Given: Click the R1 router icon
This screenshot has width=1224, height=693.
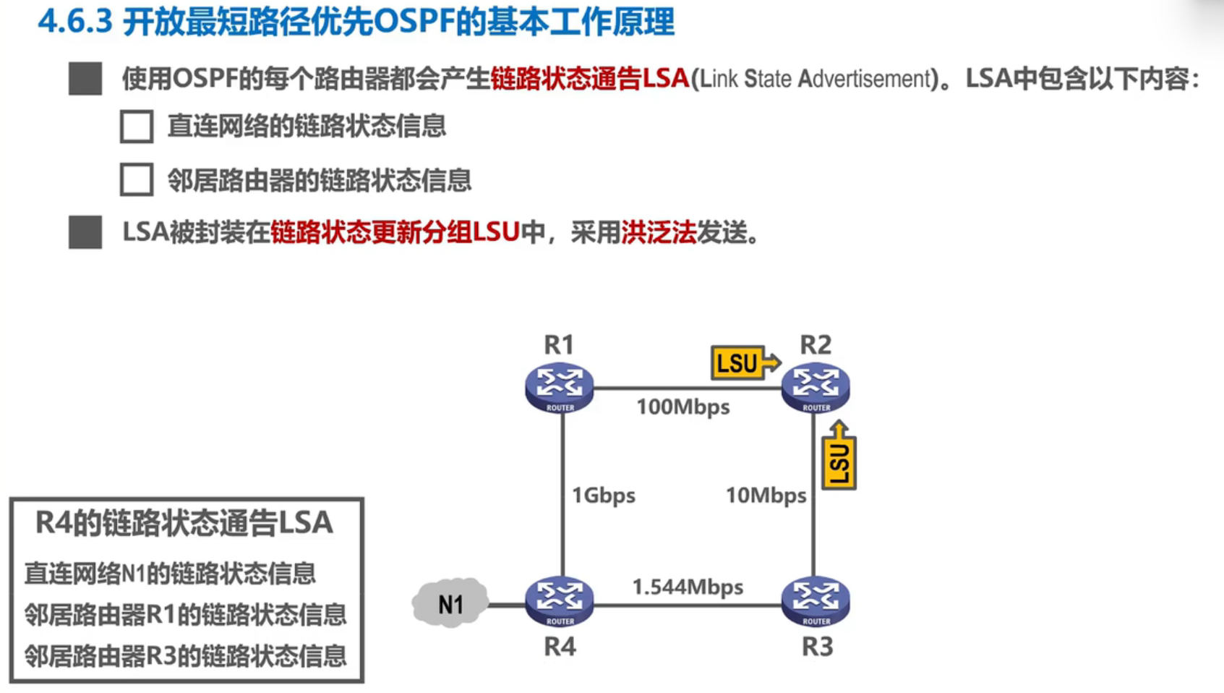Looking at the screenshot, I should [560, 388].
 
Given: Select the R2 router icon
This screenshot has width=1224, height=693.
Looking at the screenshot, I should [816, 388].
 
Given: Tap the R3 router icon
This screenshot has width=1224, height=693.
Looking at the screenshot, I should [816, 601].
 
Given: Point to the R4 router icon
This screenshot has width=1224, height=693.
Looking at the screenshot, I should [560, 601].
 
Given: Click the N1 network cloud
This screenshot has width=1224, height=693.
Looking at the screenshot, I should [450, 603].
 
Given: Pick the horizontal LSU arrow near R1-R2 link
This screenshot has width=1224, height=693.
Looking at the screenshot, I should [745, 362].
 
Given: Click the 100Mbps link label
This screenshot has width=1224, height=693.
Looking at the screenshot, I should [682, 407].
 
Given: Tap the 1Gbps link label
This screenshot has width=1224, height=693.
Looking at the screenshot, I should [603, 496].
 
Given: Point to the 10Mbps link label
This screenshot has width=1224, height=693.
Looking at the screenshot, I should [766, 496].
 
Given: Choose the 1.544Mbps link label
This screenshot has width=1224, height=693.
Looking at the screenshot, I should [688, 587].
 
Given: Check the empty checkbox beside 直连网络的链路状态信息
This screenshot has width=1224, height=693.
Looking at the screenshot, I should [137, 127].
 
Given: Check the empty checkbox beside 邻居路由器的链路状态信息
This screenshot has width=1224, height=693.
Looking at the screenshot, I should [137, 180].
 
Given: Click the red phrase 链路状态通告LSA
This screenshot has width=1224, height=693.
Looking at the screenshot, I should [589, 78].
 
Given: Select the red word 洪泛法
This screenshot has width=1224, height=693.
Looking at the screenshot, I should [659, 233].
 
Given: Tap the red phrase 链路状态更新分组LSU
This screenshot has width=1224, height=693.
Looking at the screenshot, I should [395, 233].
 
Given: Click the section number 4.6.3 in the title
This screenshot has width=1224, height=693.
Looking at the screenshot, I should [75, 22].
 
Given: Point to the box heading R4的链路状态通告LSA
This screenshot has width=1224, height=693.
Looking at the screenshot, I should [184, 523].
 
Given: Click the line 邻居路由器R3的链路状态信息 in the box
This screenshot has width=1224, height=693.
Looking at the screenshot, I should [185, 656].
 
